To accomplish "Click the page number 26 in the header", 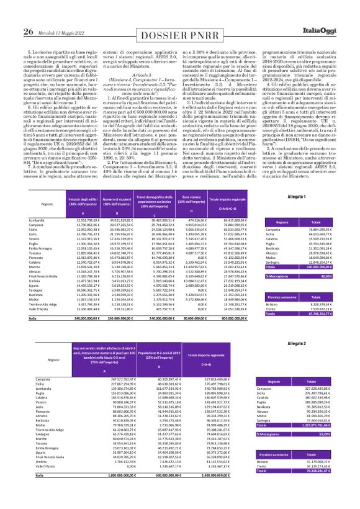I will (11, 14).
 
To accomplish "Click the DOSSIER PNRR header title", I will (181, 14).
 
